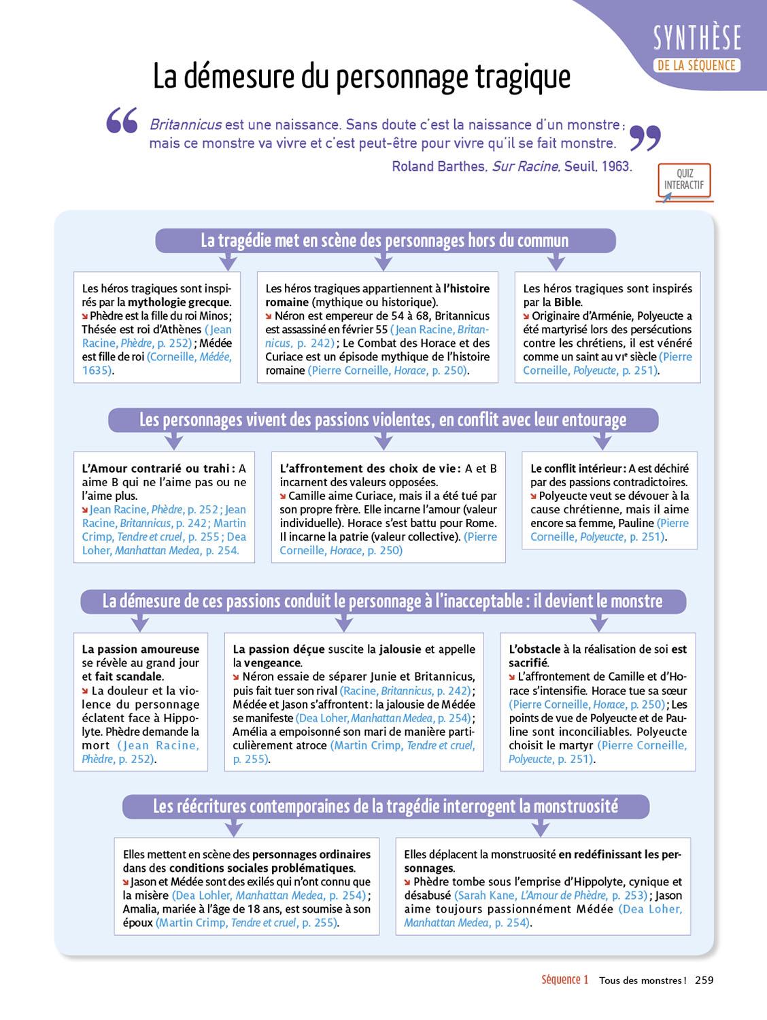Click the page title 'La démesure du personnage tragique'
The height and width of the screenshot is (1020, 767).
(x=361, y=76)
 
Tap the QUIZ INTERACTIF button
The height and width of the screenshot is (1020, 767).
(x=684, y=180)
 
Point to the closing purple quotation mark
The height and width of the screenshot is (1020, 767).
(x=645, y=138)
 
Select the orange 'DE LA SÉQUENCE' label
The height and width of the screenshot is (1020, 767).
(x=696, y=66)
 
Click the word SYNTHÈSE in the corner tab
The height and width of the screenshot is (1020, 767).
(x=697, y=37)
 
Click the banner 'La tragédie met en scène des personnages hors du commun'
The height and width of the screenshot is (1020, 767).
(x=385, y=241)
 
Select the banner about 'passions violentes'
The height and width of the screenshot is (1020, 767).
(x=383, y=420)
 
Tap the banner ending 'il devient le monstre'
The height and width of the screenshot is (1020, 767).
(x=383, y=601)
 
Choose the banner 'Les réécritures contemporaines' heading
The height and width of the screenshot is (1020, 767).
(x=386, y=806)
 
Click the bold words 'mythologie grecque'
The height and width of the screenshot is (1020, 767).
(x=179, y=303)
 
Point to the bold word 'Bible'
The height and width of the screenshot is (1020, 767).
(x=567, y=303)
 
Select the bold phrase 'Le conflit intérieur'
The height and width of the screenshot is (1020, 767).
(x=577, y=469)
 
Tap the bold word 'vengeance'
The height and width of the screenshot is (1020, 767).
(x=273, y=663)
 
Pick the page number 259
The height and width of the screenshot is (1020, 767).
(x=704, y=980)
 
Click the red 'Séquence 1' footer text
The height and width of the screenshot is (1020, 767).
(x=564, y=980)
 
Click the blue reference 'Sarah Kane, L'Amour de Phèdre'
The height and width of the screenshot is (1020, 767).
(x=532, y=896)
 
